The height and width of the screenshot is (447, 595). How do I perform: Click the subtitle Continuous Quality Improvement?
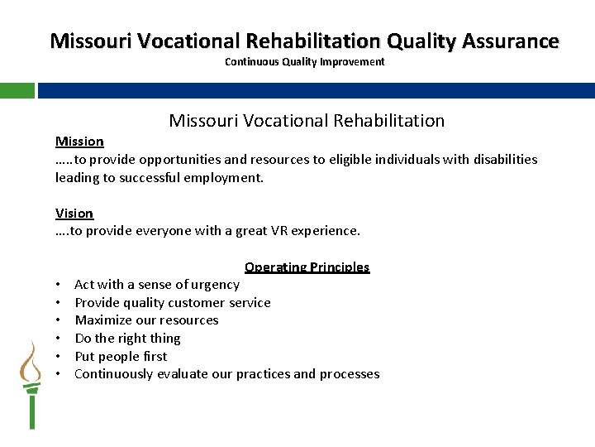[x=304, y=62]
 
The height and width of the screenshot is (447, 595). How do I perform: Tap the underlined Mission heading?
[x=79, y=142]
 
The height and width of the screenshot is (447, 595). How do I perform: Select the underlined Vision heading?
[x=74, y=214]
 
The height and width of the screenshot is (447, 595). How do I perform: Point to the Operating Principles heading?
[x=307, y=267]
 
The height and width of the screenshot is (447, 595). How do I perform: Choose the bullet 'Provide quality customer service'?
[x=173, y=303]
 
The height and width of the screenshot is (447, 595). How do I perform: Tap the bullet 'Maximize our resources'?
[x=146, y=320]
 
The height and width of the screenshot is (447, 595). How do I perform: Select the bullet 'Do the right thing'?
[x=127, y=339]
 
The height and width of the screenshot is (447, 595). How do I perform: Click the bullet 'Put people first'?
[x=121, y=357]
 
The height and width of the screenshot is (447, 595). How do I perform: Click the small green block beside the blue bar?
[x=17, y=90]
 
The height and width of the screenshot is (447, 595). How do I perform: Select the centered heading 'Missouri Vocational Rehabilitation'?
[x=307, y=121]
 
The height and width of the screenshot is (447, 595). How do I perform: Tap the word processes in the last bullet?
[x=350, y=374]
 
